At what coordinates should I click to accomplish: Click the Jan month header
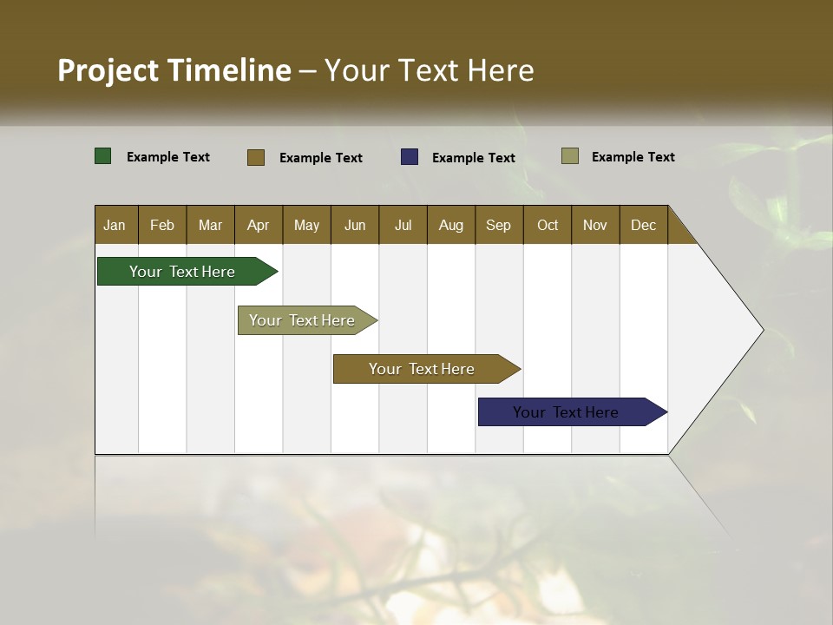(115, 225)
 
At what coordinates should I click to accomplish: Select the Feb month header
(162, 225)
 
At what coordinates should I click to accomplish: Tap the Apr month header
(258, 225)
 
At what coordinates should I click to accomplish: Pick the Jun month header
(355, 225)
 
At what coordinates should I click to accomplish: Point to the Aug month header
(450, 225)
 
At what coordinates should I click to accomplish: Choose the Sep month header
(498, 225)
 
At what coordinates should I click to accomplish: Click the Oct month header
(548, 225)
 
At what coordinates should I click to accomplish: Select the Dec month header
(643, 225)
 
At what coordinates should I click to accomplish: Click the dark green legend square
(103, 156)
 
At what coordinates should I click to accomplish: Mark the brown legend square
(256, 157)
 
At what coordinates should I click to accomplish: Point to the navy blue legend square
(410, 157)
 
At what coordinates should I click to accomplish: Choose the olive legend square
(570, 156)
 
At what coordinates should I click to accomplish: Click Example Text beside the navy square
(474, 158)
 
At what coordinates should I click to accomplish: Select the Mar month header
(210, 225)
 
